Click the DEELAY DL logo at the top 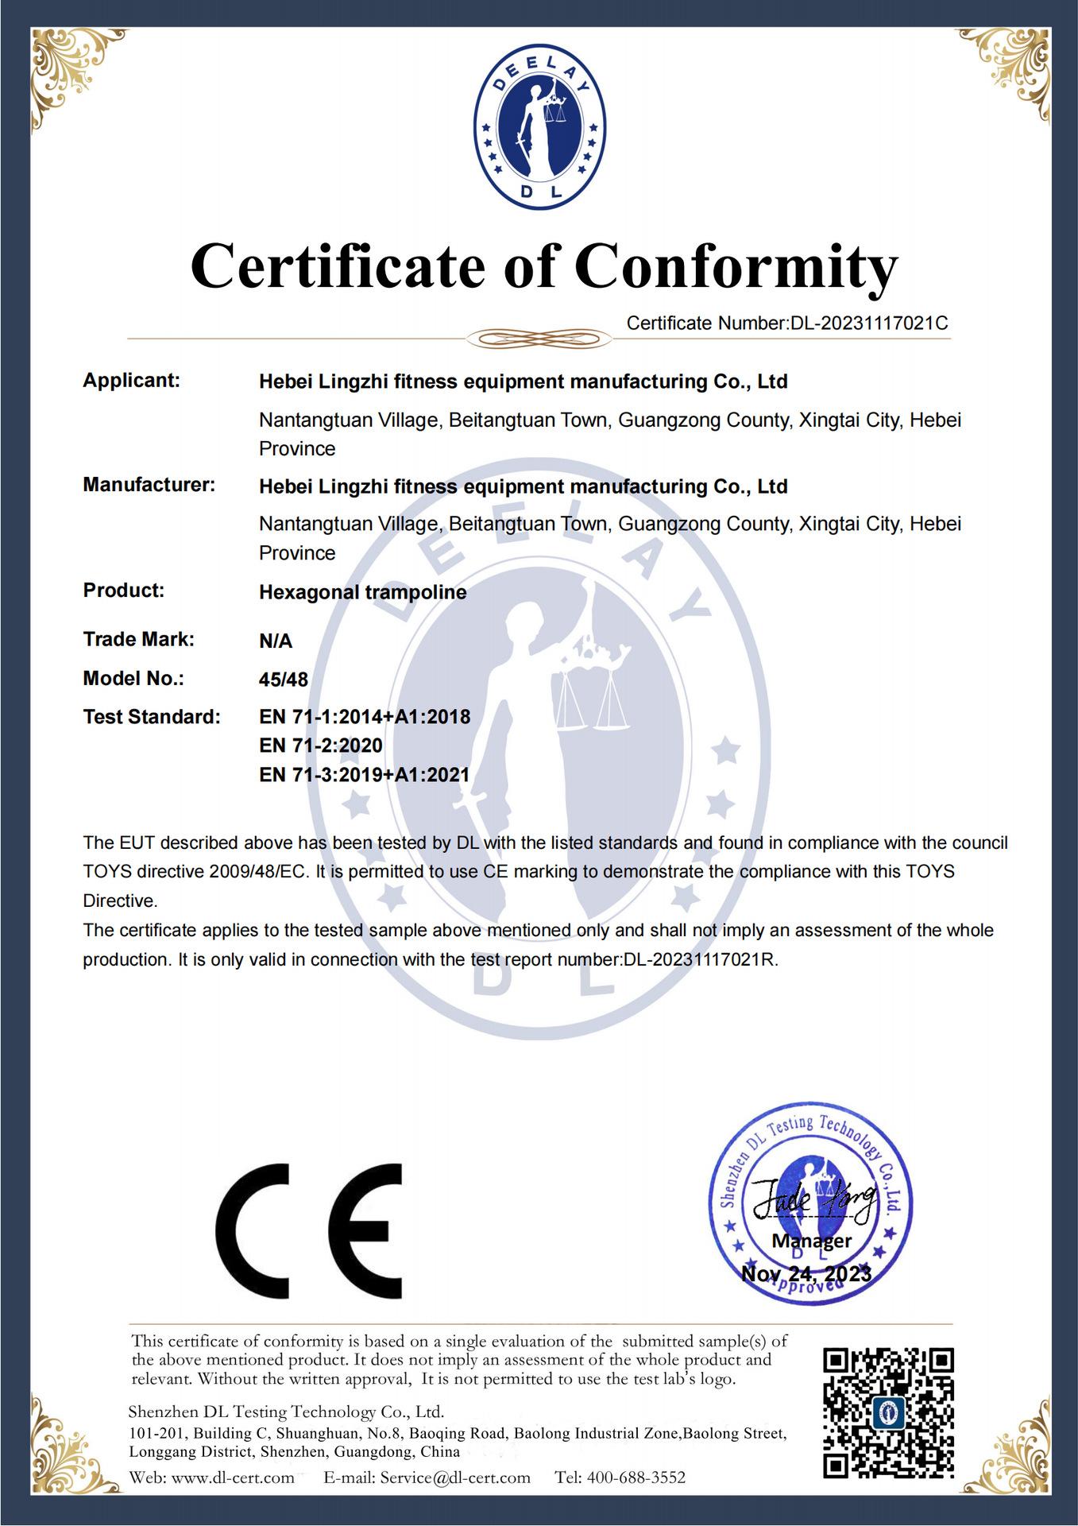point(539,125)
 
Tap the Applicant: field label point(132,381)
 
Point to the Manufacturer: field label point(149,485)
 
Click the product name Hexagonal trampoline point(362,592)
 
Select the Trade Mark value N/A point(276,641)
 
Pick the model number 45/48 point(284,680)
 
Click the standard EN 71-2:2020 point(321,746)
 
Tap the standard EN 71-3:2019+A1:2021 point(365,774)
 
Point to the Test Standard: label point(151,717)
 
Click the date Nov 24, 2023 point(806,1275)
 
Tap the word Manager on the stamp point(811,1241)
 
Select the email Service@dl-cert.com point(454,1478)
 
